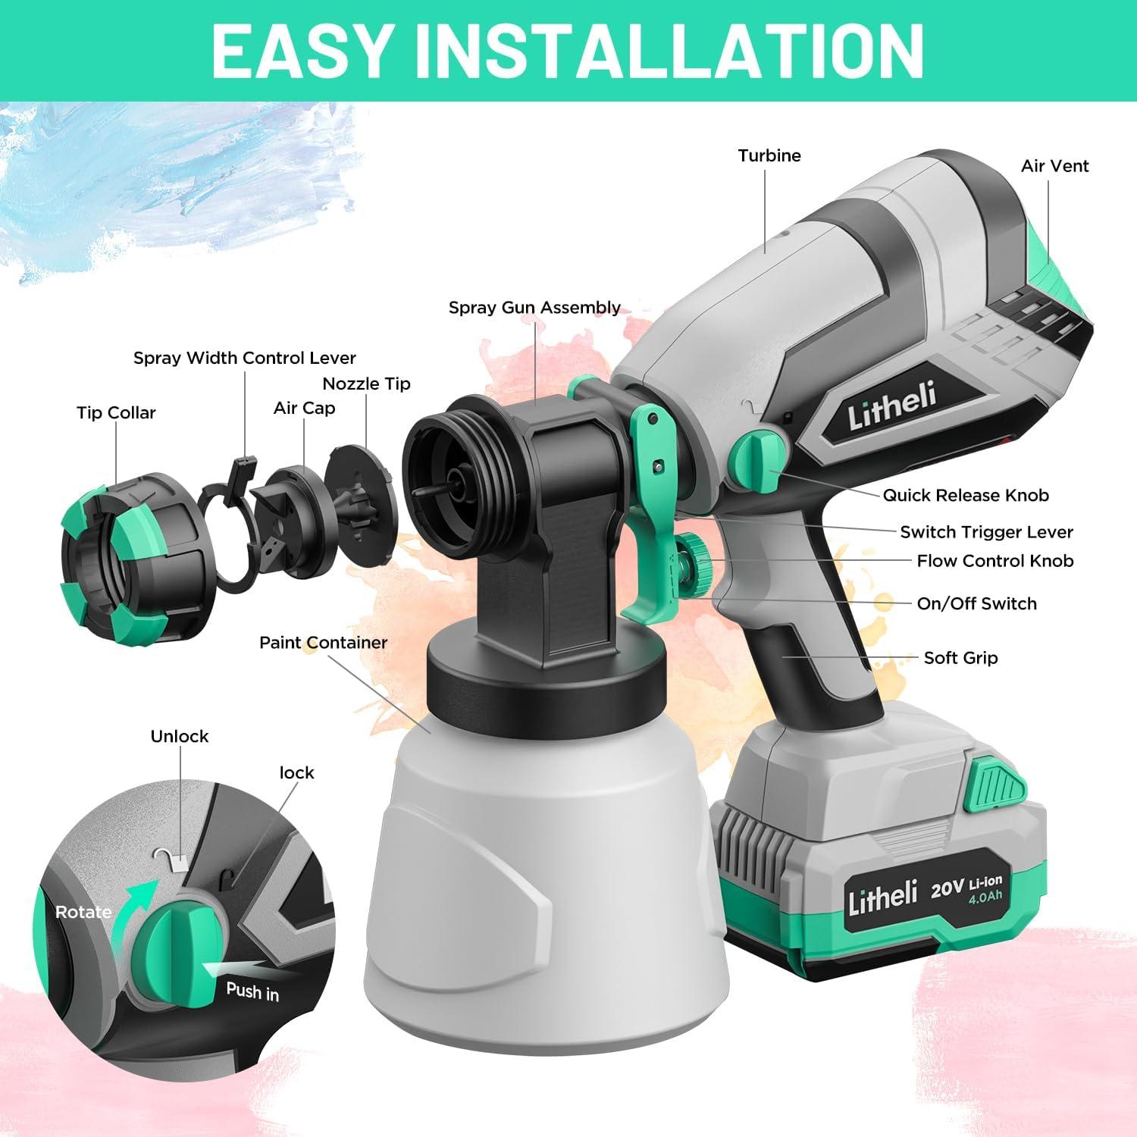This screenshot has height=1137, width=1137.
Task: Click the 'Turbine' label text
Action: click(769, 155)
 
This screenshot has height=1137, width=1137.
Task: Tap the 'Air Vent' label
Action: click(1054, 166)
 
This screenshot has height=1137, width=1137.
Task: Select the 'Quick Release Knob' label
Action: click(965, 496)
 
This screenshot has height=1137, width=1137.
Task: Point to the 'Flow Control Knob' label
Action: click(994, 561)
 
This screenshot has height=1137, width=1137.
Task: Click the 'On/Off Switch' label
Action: click(976, 603)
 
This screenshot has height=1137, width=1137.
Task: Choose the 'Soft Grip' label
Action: click(960, 658)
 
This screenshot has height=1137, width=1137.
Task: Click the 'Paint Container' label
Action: click(323, 643)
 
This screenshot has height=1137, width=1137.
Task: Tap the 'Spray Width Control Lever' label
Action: click(244, 358)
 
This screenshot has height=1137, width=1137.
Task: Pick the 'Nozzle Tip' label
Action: click(366, 384)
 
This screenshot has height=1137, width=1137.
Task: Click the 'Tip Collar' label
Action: click(116, 413)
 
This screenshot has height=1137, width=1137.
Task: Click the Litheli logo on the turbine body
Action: click(892, 406)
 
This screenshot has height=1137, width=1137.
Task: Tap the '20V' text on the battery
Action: click(947, 888)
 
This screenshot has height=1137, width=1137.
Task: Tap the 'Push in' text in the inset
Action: click(252, 991)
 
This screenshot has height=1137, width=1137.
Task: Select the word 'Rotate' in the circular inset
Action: click(83, 912)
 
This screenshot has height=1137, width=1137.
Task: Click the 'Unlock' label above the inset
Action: click(179, 737)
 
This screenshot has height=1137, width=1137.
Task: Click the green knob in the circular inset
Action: click(178, 951)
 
